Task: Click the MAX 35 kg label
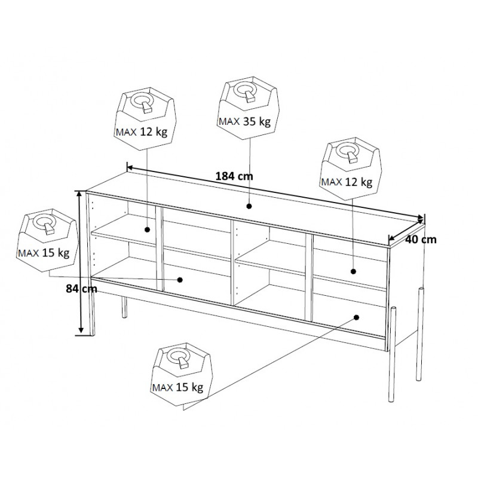pyautogui.click(x=244, y=121)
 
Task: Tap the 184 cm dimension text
pyautogui.click(x=234, y=176)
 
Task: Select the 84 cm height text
pyautogui.click(x=81, y=289)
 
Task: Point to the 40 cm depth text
pyautogui.click(x=421, y=240)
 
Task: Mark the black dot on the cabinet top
pyautogui.click(x=249, y=206)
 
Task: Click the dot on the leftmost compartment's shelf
pyautogui.click(x=147, y=229)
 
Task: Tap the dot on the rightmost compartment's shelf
pyautogui.click(x=353, y=271)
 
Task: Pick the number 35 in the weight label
pyautogui.click(x=249, y=121)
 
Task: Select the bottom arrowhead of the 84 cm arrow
pyautogui.click(x=81, y=330)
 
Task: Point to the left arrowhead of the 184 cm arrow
pyautogui.click(x=129, y=167)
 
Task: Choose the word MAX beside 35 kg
pyautogui.click(x=229, y=122)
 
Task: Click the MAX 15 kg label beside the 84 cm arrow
pyautogui.click(x=44, y=253)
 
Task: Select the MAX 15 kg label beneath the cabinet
pyautogui.click(x=177, y=387)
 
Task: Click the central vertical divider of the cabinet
pyautogui.click(x=232, y=263)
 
